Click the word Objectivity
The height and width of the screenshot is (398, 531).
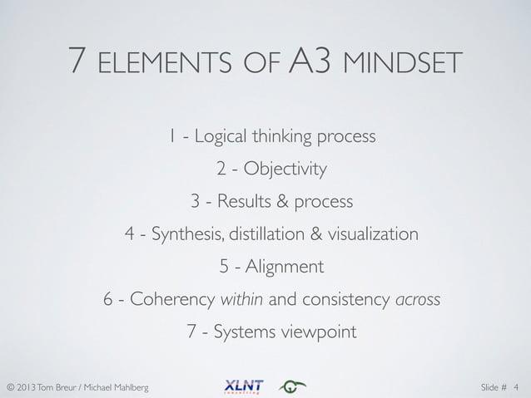point(285,170)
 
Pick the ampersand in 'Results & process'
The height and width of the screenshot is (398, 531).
point(282,202)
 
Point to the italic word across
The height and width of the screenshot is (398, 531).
point(418,299)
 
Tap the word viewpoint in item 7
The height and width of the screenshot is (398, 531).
point(320,332)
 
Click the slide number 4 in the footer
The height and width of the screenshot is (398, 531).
point(516,387)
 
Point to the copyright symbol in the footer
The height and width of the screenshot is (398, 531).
point(11,387)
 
